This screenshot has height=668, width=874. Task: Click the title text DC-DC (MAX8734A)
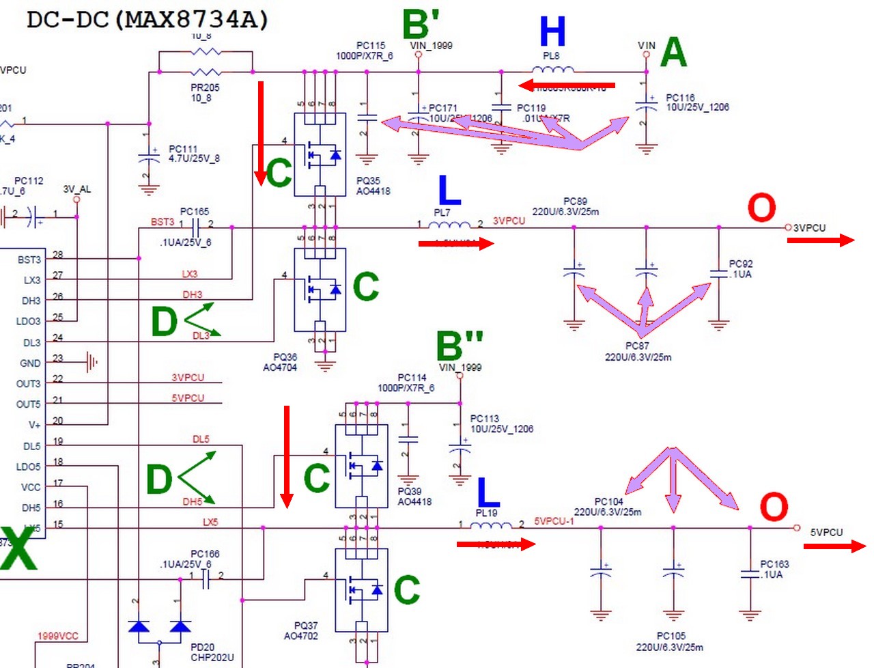point(147,19)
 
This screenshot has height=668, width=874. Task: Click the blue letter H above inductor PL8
point(552,31)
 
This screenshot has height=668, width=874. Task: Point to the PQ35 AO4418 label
point(373,186)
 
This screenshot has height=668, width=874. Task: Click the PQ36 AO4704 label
point(280,362)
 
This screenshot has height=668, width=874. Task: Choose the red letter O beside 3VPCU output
point(761,208)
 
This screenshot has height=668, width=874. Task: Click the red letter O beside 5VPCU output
point(774,507)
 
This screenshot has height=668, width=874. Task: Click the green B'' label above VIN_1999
point(460,346)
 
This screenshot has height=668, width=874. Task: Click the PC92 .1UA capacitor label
point(740,268)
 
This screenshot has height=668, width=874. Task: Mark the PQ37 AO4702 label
point(300,630)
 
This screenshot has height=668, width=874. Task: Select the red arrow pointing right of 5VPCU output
point(834,546)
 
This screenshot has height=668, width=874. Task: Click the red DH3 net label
point(192,294)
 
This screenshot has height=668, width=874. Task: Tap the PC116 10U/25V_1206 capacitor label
point(697,102)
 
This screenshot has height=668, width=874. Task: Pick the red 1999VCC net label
point(58,636)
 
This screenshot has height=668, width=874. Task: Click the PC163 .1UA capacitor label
point(774,569)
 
